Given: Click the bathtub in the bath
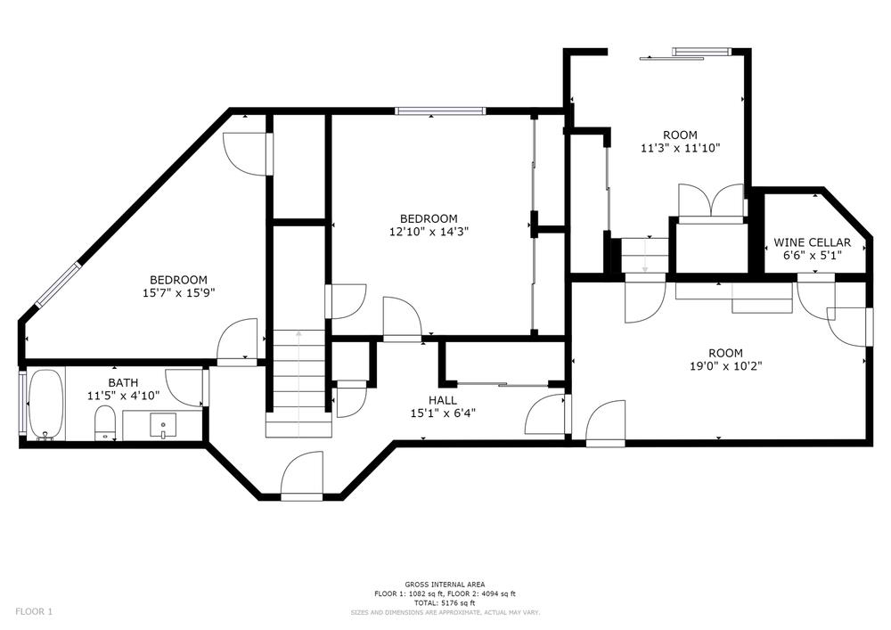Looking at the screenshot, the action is [x=45, y=405].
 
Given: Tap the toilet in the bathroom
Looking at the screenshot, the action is [x=104, y=422].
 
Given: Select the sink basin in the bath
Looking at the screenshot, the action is [x=162, y=425].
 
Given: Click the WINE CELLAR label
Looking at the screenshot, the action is [x=812, y=242].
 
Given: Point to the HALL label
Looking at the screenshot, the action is [x=443, y=400].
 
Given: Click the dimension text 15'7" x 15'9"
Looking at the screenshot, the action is [x=178, y=293].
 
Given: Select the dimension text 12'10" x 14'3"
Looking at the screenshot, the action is [x=429, y=232].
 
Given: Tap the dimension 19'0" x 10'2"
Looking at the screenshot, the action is [x=725, y=366].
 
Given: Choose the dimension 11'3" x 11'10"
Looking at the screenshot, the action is [x=680, y=148].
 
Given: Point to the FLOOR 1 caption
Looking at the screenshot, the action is [x=34, y=612].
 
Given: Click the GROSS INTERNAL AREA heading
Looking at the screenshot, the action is [x=445, y=584].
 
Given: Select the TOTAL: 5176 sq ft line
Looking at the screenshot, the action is [x=445, y=602].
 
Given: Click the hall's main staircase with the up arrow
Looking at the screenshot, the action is [x=298, y=383].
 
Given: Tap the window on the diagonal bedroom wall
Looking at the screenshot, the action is [x=58, y=284].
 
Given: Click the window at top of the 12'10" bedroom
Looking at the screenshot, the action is [x=440, y=110].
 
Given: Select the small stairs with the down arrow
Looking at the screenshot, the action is [x=644, y=255].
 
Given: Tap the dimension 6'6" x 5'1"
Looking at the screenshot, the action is [x=812, y=256].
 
